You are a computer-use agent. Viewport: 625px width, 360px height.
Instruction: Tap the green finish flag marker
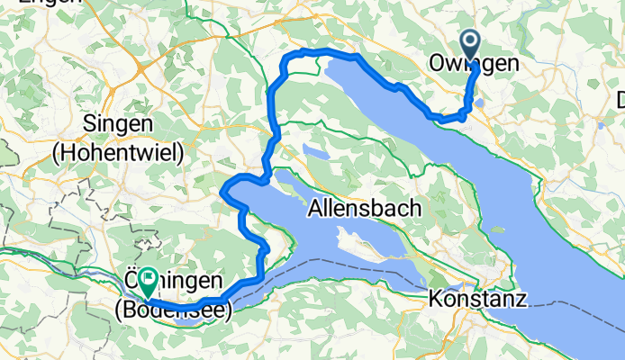146,281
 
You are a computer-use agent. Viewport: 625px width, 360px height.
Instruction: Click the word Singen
118,122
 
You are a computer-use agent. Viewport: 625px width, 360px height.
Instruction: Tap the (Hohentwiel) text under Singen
118,152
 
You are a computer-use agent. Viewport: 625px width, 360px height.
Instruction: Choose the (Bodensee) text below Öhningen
173,310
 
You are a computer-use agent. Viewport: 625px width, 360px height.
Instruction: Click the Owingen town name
474,64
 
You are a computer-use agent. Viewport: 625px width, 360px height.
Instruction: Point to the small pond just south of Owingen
478,102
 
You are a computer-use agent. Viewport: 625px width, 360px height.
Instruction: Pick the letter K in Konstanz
435,297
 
